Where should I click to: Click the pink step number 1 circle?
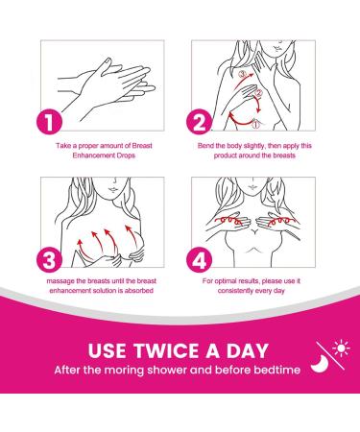coord(49,122)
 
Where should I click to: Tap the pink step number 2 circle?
coord(200,122)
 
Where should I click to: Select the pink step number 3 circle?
coord(49,260)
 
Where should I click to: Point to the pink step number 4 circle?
coord(200,260)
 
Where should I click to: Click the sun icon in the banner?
coord(341,348)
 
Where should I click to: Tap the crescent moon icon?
coord(320,364)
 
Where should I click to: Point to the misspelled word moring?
coord(124,371)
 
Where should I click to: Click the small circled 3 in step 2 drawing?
coord(242,75)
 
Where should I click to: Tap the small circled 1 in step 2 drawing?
coord(255,124)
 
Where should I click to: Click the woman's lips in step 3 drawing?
coord(113,189)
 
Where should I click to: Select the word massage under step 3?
coord(58,281)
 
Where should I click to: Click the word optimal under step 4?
coord(226,281)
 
